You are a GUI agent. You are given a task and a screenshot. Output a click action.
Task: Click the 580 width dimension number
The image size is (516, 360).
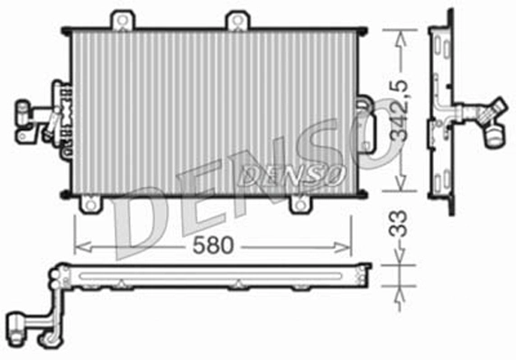pos(213,245)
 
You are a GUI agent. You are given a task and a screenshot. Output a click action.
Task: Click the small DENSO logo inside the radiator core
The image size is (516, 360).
pos(290,173)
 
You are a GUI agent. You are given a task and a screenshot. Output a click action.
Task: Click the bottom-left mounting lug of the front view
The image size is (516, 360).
pos(89,206)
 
